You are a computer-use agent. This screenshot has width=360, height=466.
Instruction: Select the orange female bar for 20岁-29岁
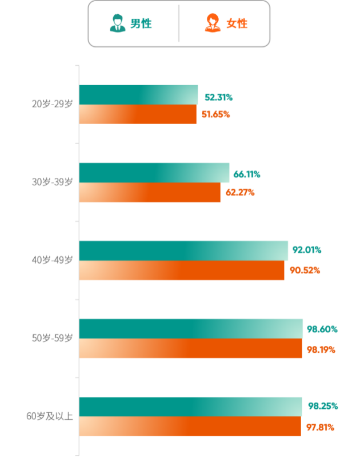pos(138,114)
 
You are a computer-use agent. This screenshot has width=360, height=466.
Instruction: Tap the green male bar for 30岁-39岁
pos(154,173)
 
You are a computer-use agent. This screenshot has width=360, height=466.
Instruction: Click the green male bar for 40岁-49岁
pos(183,250)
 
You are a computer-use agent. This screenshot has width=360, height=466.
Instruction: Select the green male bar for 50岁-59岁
pos(191,328)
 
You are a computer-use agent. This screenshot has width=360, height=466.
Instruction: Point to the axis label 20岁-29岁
pos(53,104)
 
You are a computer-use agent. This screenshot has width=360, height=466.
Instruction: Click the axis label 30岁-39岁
pos(53,182)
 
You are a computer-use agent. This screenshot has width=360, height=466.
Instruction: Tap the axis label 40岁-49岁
pos(53,260)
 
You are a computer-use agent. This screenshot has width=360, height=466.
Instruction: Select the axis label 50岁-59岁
pos(53,338)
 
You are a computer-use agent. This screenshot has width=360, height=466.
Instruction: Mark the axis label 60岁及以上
pos(50,416)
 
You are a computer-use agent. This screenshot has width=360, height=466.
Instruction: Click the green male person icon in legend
pos(118,23)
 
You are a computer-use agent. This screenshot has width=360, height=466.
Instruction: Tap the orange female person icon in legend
pos(213,23)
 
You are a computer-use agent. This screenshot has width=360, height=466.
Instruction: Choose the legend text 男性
pos(141,23)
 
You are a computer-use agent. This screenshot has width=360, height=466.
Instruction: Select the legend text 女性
pos(237,23)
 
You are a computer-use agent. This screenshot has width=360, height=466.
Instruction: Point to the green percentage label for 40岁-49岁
pos(307,250)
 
